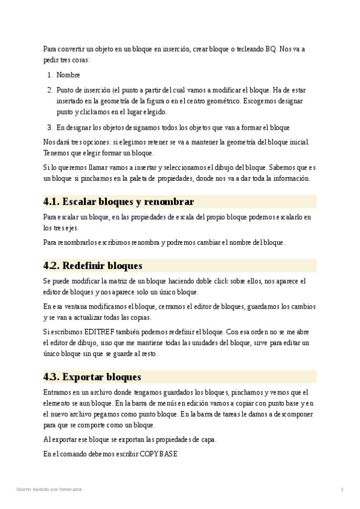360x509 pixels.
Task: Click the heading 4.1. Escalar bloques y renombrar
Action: click(118, 201)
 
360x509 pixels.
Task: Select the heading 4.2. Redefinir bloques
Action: click(92, 265)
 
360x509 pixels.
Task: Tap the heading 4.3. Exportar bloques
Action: click(92, 377)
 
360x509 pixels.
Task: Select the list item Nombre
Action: click(68, 75)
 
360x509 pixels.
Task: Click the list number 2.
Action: click(50, 90)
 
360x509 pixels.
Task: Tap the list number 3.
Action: click(50, 127)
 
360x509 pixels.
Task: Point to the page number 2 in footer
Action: click(341, 489)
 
